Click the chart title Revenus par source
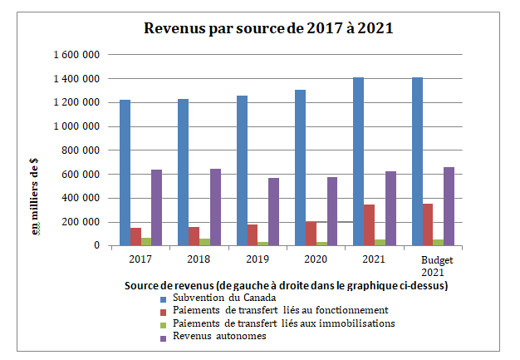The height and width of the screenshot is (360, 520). pyautogui.click(x=268, y=28)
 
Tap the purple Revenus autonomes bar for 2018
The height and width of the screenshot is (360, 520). pyautogui.click(x=215, y=207)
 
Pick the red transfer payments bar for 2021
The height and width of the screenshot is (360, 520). pyautogui.click(x=370, y=225)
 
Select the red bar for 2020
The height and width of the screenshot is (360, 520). pyautogui.click(x=311, y=234)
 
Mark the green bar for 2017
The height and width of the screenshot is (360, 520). pyautogui.click(x=146, y=242)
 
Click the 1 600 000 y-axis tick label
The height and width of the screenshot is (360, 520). pyautogui.click(x=76, y=55)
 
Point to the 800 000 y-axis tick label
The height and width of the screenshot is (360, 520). pyautogui.click(x=81, y=150)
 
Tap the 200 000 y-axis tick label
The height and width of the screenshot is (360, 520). pyautogui.click(x=81, y=222)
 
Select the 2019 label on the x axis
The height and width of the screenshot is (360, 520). pyautogui.click(x=258, y=259)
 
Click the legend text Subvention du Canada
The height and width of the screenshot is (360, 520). pyautogui.click(x=220, y=298)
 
